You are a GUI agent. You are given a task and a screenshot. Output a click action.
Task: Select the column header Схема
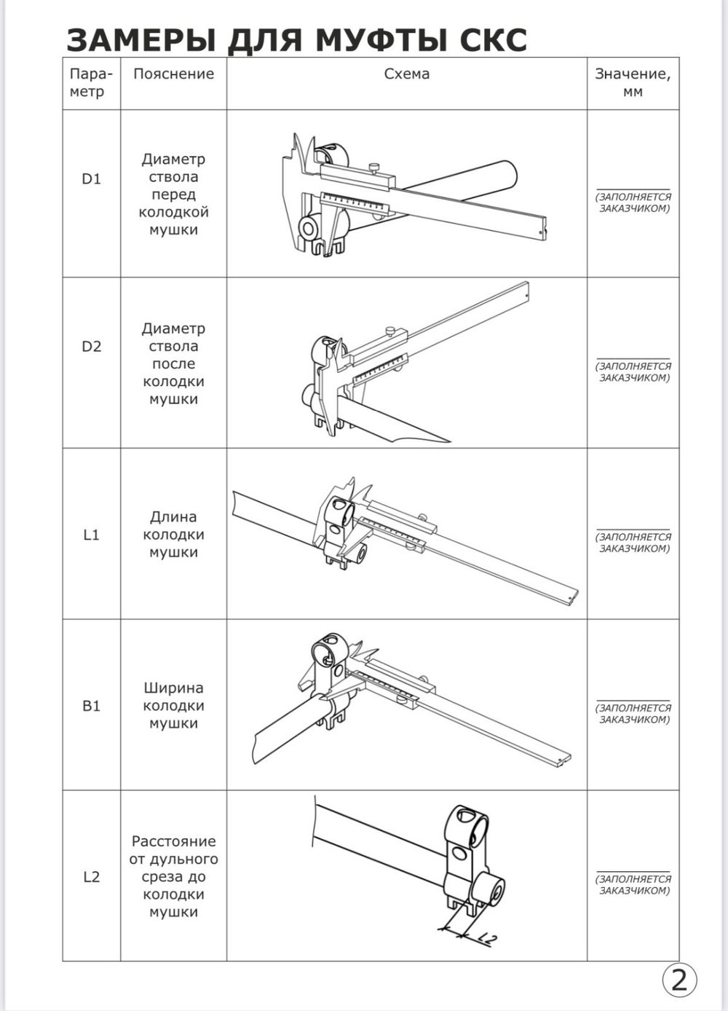click(x=406, y=74)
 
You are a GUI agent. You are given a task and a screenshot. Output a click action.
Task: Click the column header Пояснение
click(x=173, y=74)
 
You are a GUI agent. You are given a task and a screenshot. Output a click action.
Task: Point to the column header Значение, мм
click(x=633, y=82)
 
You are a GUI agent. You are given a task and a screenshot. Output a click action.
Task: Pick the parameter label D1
click(x=91, y=179)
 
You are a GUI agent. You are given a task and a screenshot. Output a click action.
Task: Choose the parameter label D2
click(x=91, y=346)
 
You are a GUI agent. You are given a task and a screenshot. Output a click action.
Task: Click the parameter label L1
click(x=91, y=535)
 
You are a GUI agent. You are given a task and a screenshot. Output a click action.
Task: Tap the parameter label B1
click(x=91, y=706)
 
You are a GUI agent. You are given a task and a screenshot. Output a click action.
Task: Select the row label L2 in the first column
click(x=91, y=877)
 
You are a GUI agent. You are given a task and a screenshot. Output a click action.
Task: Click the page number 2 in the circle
click(x=678, y=980)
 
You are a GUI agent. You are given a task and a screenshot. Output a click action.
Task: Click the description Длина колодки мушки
click(x=173, y=535)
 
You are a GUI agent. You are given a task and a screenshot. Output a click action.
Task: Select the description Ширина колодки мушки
click(x=173, y=706)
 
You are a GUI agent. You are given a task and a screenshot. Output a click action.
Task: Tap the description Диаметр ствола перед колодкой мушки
click(x=173, y=194)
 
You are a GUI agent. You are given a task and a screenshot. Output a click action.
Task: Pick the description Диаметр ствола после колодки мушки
click(x=173, y=364)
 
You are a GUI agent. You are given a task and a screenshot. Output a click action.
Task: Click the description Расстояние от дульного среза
click(x=173, y=877)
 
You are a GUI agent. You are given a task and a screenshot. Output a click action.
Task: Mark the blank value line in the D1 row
click(x=633, y=189)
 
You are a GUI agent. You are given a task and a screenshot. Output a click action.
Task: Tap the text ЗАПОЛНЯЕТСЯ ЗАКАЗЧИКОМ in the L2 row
click(x=633, y=885)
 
